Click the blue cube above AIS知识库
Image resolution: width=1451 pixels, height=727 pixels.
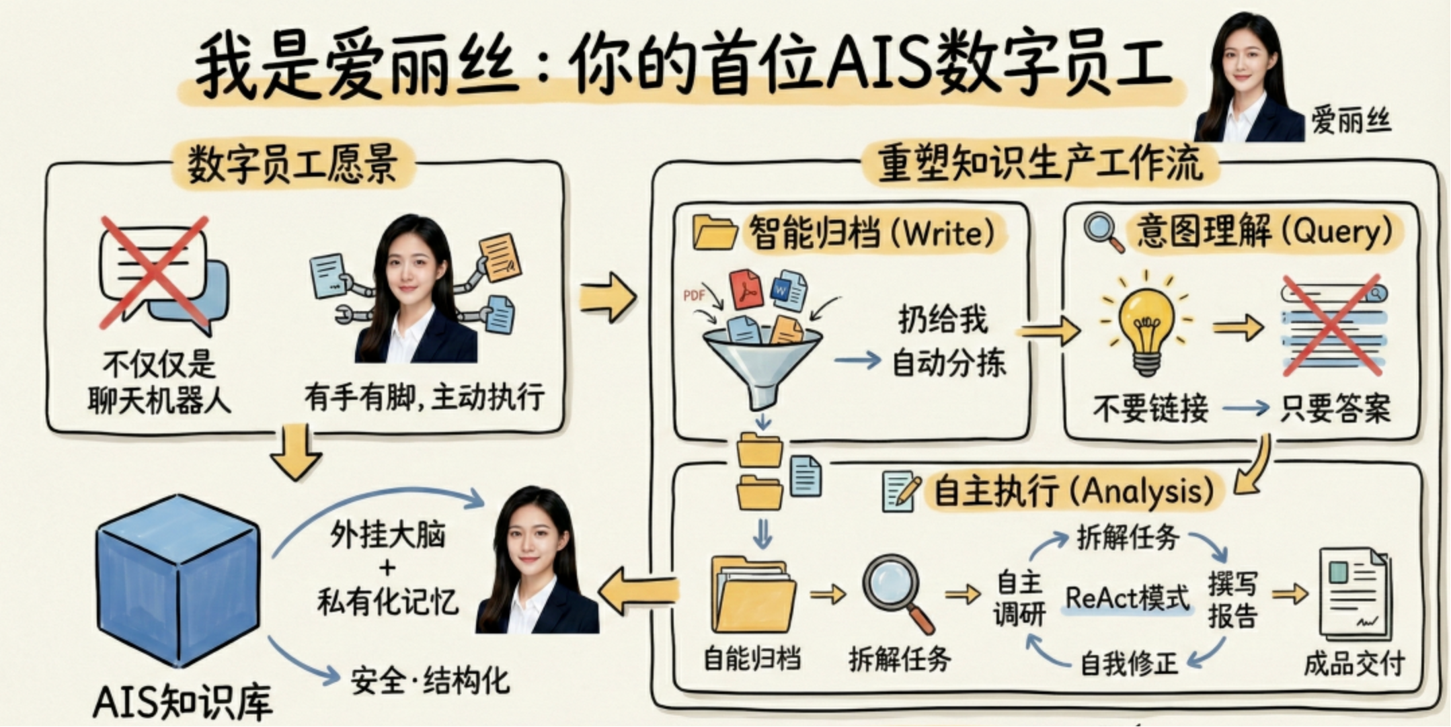point(178,581)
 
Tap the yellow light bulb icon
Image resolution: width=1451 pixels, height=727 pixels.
point(1147,326)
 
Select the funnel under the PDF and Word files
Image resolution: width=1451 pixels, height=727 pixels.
point(762,363)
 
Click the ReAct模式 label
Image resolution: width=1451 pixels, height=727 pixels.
point(1127,597)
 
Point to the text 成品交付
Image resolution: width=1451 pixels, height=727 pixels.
point(1354,663)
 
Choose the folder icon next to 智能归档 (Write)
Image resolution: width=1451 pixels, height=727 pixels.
point(714,232)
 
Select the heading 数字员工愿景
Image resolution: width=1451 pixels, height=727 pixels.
point(292,163)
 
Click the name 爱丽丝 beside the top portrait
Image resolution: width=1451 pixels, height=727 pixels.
point(1350,122)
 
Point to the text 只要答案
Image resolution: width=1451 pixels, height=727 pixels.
point(1335,408)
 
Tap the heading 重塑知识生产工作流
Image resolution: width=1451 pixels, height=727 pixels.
point(1040,163)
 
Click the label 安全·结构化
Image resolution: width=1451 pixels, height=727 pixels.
point(430,681)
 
